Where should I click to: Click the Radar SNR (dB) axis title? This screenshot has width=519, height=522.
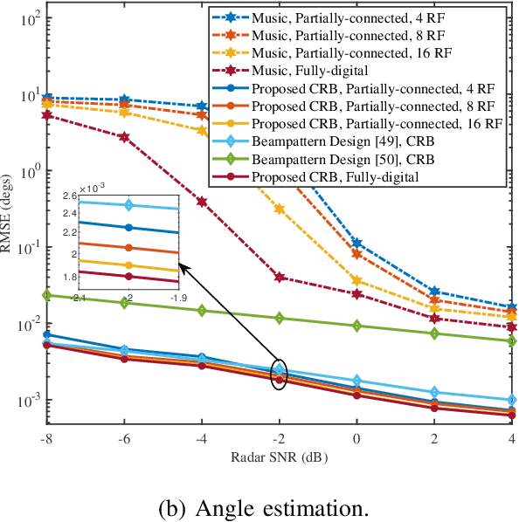pos(279,457)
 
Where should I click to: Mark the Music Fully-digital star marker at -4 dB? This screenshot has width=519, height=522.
pos(202,202)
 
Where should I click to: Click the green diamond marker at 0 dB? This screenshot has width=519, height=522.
pos(356,326)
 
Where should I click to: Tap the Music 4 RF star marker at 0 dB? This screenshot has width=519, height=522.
pos(356,243)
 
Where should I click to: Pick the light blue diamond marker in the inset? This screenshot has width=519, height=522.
pos(128,205)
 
